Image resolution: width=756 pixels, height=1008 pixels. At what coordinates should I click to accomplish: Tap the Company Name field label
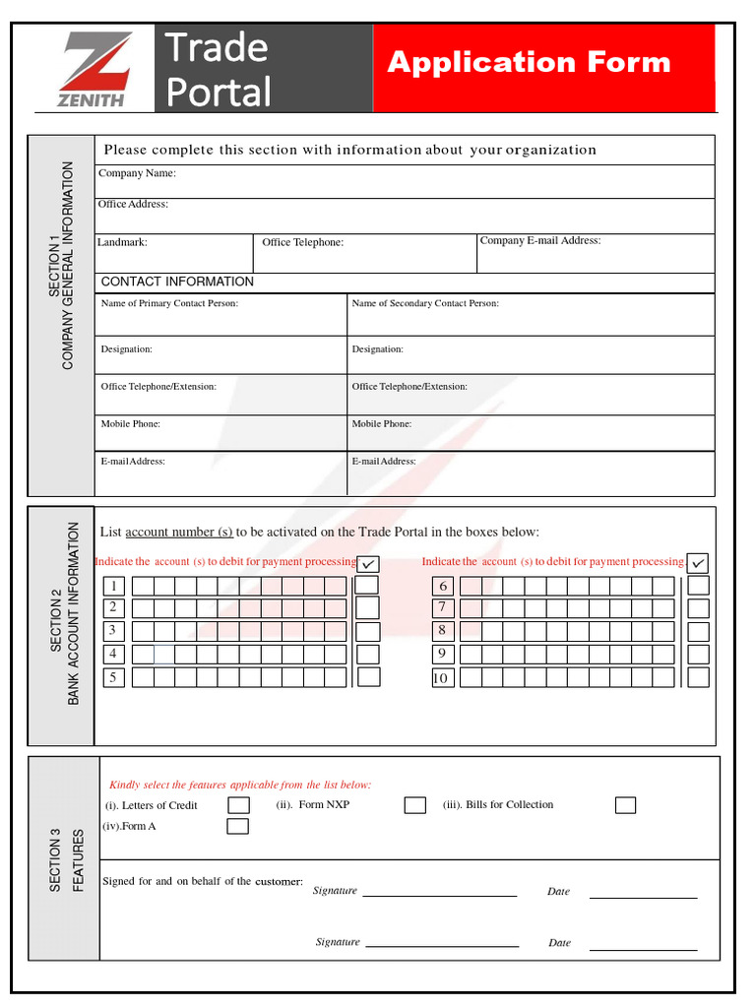[137, 174]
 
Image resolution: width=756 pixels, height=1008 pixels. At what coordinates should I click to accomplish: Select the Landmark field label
[122, 242]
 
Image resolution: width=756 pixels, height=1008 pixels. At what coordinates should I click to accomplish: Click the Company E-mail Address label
[539, 241]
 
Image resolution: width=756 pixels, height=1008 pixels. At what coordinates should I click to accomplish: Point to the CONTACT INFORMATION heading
[177, 283]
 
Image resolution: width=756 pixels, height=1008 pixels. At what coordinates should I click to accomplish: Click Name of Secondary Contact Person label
[425, 304]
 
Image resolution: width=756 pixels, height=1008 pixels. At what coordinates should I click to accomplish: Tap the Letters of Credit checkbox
[238, 805]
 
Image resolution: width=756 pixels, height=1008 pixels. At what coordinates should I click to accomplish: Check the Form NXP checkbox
[414, 805]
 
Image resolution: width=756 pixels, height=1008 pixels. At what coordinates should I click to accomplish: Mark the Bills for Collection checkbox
[625, 805]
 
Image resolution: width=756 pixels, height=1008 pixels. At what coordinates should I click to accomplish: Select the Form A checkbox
[238, 827]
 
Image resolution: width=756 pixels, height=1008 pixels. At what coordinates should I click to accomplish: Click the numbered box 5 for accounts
[113, 677]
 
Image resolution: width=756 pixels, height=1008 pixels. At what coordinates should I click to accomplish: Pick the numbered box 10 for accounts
[442, 677]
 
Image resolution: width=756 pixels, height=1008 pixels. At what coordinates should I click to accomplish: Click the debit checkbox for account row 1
[367, 585]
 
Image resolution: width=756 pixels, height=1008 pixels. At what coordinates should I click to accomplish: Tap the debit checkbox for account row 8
[698, 631]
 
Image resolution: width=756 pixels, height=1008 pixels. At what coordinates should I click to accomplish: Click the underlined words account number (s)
[179, 533]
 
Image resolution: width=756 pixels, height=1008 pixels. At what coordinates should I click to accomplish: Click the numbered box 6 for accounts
[443, 586]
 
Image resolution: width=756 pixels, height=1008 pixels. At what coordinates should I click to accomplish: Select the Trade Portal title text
[218, 69]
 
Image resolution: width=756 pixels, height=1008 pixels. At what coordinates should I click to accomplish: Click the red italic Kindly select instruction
[240, 786]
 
